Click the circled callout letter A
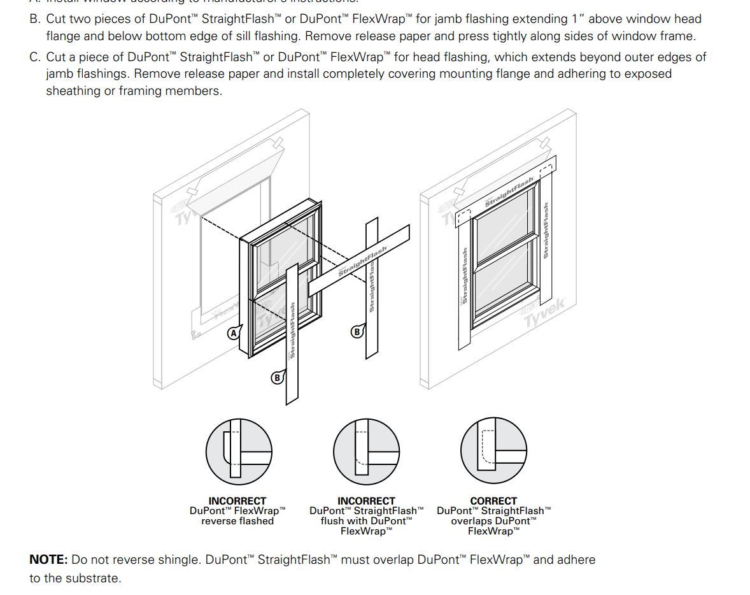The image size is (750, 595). click(234, 333)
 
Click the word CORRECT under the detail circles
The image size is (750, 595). click(493, 501)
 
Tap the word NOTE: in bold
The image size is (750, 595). click(48, 560)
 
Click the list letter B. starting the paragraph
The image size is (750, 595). click(35, 20)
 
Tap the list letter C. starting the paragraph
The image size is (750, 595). click(35, 57)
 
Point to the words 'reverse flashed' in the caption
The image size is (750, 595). click(237, 521)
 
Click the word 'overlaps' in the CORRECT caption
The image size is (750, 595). click(471, 521)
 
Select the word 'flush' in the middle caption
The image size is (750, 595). click(332, 521)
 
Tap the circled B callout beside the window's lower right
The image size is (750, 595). click(357, 331)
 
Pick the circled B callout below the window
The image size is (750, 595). click(277, 378)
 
